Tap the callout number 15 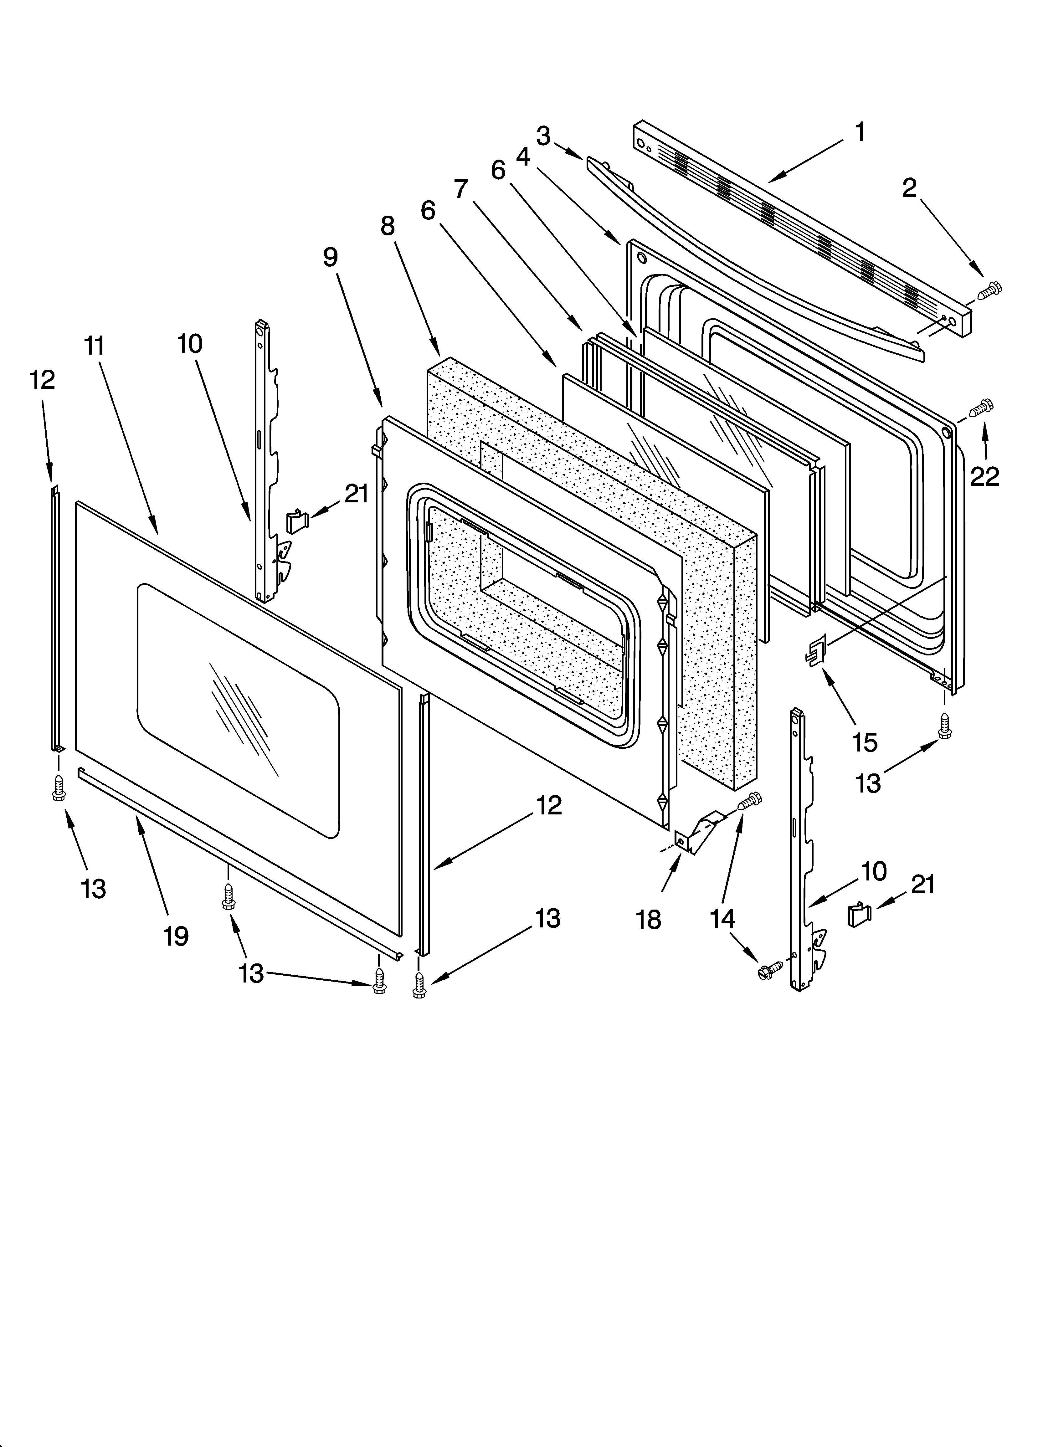[x=865, y=742]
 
